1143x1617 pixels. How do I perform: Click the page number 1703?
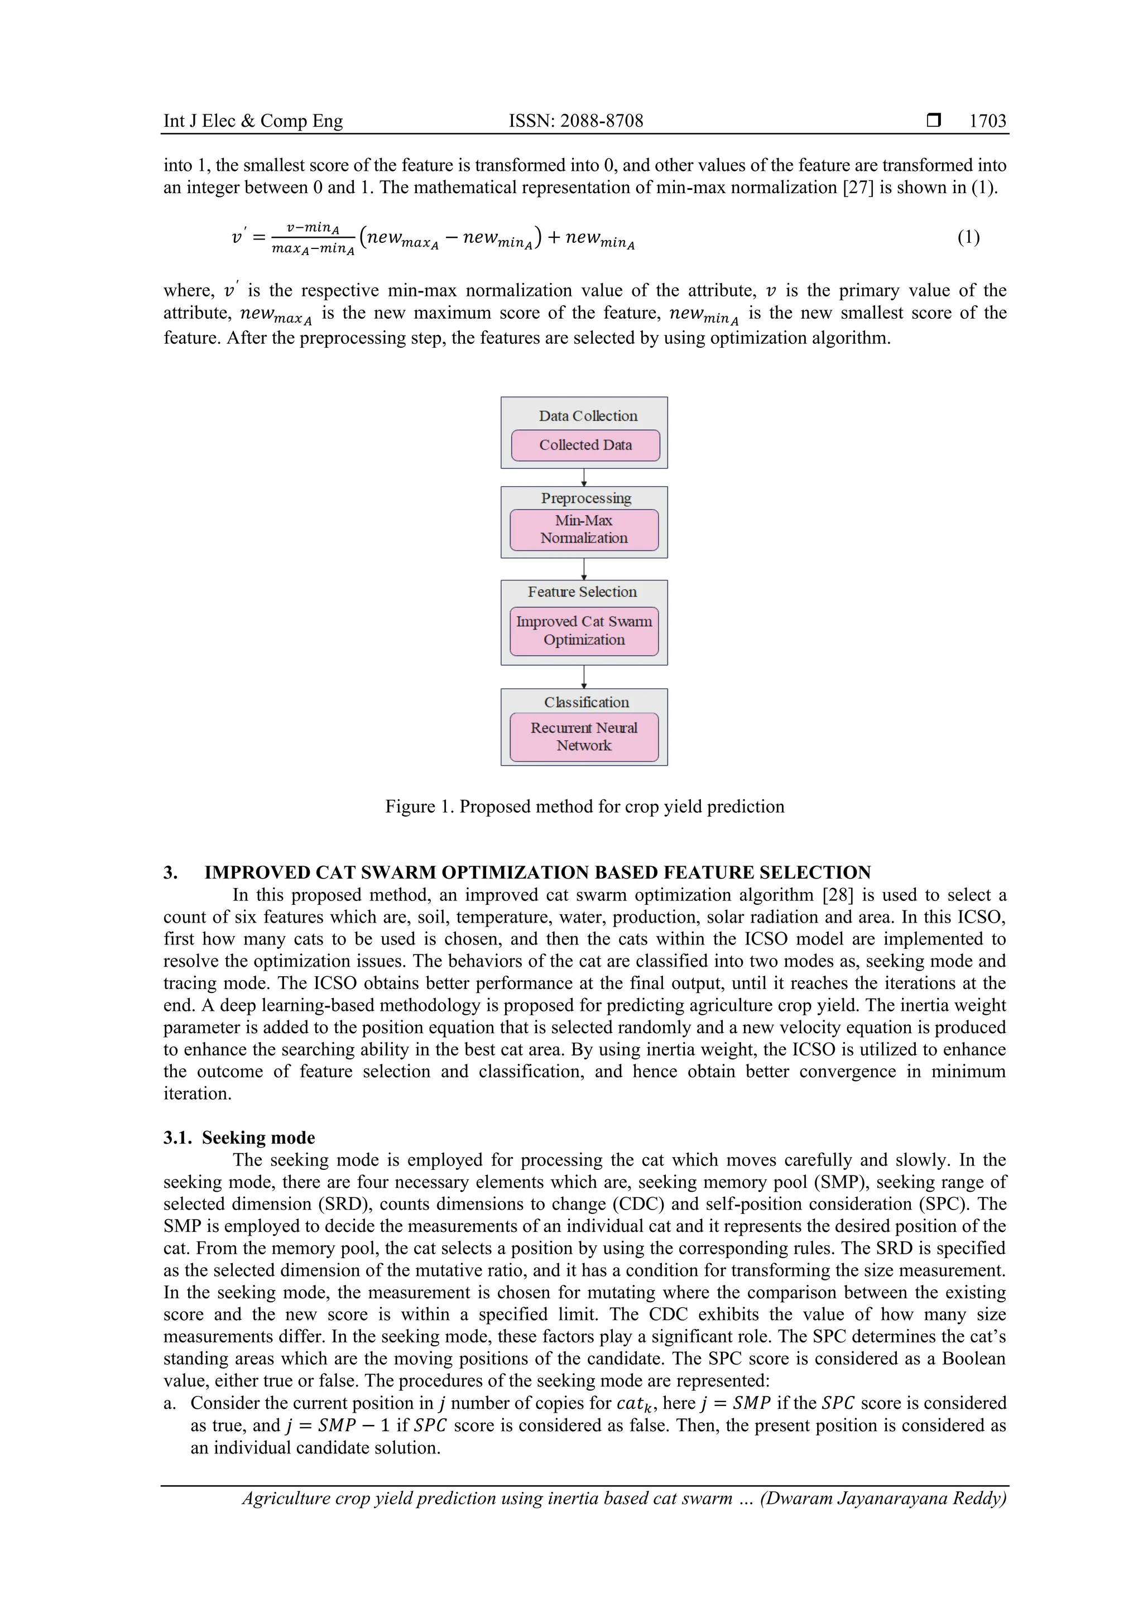pyautogui.click(x=987, y=121)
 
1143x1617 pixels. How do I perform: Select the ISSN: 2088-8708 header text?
pyautogui.click(x=575, y=121)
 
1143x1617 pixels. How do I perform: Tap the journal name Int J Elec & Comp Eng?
pyautogui.click(x=253, y=121)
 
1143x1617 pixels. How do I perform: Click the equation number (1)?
pyautogui.click(x=968, y=237)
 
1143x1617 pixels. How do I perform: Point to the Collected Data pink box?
pyautogui.click(x=585, y=445)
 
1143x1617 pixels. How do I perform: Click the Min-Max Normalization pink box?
pyautogui.click(x=584, y=530)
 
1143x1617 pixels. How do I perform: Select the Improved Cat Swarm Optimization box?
pyautogui.click(x=584, y=631)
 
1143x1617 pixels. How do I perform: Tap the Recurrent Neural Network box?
pyautogui.click(x=584, y=737)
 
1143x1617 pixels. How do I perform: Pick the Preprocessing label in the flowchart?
pyautogui.click(x=586, y=498)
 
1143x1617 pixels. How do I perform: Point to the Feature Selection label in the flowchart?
pyautogui.click(x=583, y=592)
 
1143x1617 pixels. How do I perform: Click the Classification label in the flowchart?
pyautogui.click(x=587, y=703)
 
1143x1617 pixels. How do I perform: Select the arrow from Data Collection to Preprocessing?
pyautogui.click(x=584, y=477)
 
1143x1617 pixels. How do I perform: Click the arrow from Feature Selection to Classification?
pyautogui.click(x=584, y=677)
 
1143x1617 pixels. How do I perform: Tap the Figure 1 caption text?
pyautogui.click(x=584, y=807)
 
